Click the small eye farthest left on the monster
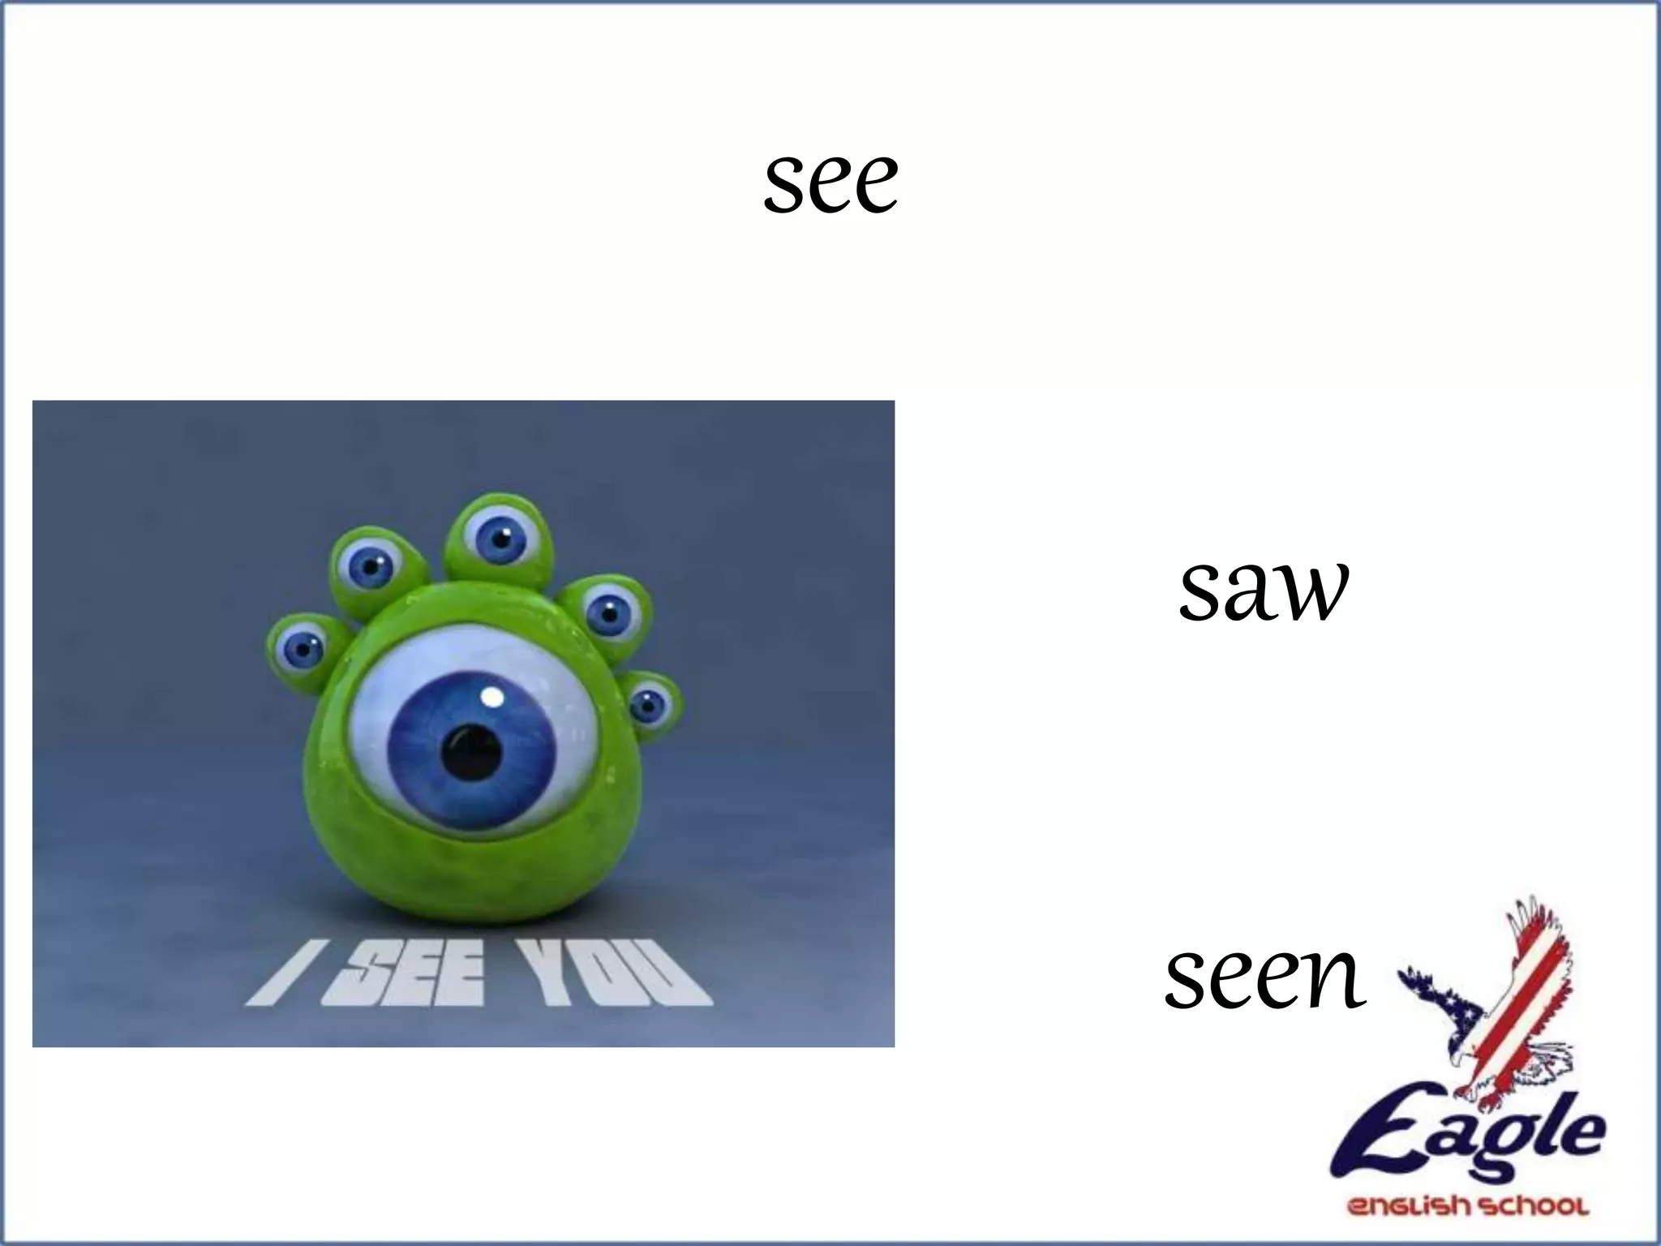pyautogui.click(x=303, y=648)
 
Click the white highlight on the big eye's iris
pyautogui.click(x=491, y=696)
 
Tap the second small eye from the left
pyautogui.click(x=370, y=565)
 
